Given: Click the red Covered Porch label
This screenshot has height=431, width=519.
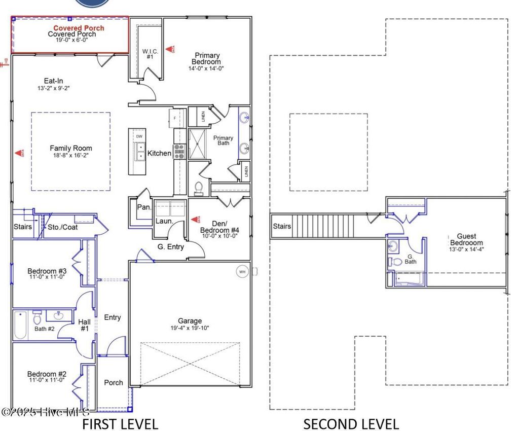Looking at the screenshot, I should (79, 28).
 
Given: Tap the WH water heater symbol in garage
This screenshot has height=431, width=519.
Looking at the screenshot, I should (242, 272).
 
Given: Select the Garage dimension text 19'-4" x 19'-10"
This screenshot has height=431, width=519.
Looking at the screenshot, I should (190, 328).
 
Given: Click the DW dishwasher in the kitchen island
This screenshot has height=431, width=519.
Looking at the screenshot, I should (138, 136).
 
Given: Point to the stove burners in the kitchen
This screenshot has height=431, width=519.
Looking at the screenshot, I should (179, 151).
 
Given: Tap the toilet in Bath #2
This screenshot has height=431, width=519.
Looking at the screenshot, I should (37, 318).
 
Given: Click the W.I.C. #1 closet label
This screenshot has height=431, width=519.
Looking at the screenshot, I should (151, 54).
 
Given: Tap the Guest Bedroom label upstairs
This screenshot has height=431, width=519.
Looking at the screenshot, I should (466, 239).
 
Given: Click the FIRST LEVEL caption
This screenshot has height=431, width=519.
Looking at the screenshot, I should (120, 423).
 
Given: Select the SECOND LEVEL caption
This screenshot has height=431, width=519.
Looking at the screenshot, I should (351, 423).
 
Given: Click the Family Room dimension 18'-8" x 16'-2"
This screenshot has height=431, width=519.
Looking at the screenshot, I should (70, 156).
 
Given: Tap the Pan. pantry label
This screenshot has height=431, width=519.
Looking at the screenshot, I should (142, 207).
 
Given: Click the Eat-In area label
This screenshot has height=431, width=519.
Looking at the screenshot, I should (53, 81).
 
